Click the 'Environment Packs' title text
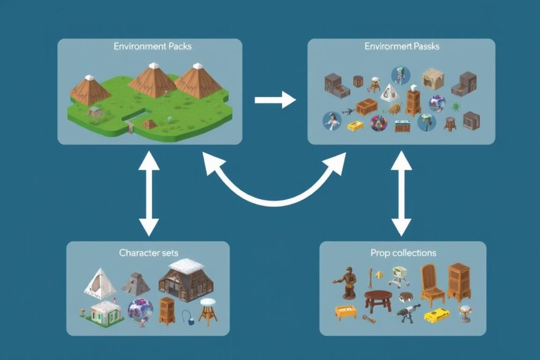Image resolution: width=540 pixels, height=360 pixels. tap(152, 46)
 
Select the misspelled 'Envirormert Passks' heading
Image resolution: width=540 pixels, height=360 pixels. tap(402, 46)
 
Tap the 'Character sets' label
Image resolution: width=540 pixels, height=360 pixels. tap(147, 252)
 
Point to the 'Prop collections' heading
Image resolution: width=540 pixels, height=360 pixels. tap(403, 253)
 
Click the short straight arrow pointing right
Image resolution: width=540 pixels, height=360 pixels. tap(275, 99)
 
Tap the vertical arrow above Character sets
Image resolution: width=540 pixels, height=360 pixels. tap(149, 192)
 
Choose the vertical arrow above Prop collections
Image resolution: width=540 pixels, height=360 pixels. tap(401, 192)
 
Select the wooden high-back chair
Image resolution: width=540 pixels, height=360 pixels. tap(431, 285)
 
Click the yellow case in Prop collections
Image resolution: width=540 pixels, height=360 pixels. tap(436, 315)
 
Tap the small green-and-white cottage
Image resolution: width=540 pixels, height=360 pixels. tap(107, 313)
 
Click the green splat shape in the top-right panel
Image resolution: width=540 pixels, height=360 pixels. tap(455, 105)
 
